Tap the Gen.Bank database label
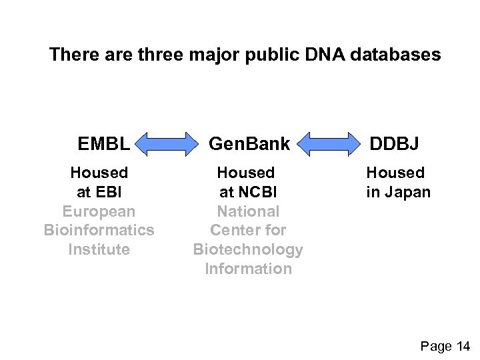click(249, 143)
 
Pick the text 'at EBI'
click(99, 192)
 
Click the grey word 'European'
click(99, 211)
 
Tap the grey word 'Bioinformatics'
click(99, 230)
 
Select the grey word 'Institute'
click(99, 249)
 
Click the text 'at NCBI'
click(248, 192)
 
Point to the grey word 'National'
click(248, 211)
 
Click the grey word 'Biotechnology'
click(248, 249)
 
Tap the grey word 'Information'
click(248, 269)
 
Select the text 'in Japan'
click(398, 192)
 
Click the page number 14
click(462, 345)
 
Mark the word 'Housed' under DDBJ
click(395, 173)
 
